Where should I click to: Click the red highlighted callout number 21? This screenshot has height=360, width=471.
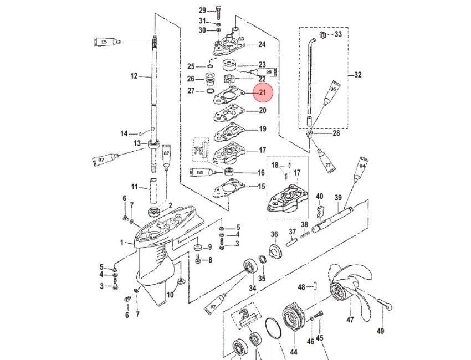262,93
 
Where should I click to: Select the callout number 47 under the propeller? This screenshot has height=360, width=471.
350,320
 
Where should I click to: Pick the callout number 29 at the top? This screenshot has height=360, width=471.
202,10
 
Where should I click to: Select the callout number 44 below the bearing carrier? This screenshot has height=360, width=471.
293,351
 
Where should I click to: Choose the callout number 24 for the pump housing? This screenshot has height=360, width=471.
262,44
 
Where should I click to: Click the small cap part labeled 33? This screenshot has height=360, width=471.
322,36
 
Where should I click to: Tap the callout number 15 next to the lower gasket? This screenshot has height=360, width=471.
262,187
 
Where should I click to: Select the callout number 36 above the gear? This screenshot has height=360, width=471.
274,234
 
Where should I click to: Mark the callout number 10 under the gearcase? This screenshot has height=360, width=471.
170,295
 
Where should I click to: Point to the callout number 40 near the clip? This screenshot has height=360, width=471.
319,196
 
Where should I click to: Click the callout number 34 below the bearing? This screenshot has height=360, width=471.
252,288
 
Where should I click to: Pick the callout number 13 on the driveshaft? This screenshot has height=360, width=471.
136,143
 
